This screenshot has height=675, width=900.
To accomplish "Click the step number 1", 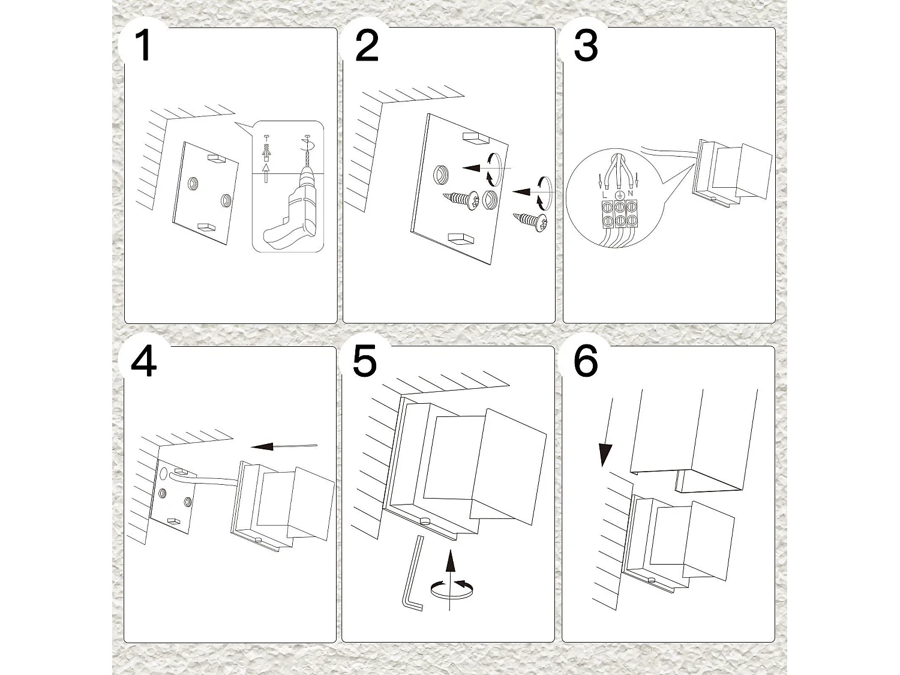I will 143,46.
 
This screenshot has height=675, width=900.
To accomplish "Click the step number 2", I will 367,46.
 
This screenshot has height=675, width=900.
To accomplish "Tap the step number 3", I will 586,46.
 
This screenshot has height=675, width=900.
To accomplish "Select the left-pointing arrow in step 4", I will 283,446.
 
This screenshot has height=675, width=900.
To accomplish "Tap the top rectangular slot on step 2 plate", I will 476,139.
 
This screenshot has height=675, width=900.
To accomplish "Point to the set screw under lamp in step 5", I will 425,520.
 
